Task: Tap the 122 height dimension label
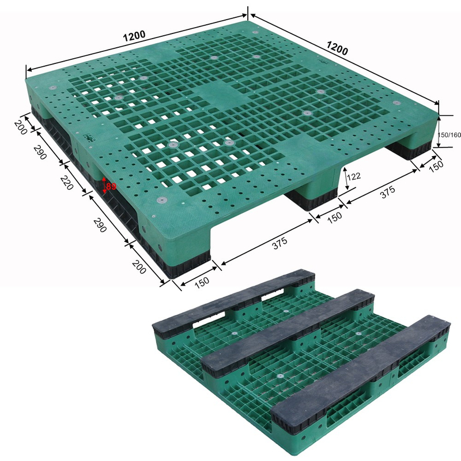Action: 354,176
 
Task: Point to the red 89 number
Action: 111,186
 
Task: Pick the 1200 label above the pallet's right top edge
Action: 338,48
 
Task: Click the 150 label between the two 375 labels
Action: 334,216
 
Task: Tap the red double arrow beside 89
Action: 104,185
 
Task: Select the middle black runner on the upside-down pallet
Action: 288,328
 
